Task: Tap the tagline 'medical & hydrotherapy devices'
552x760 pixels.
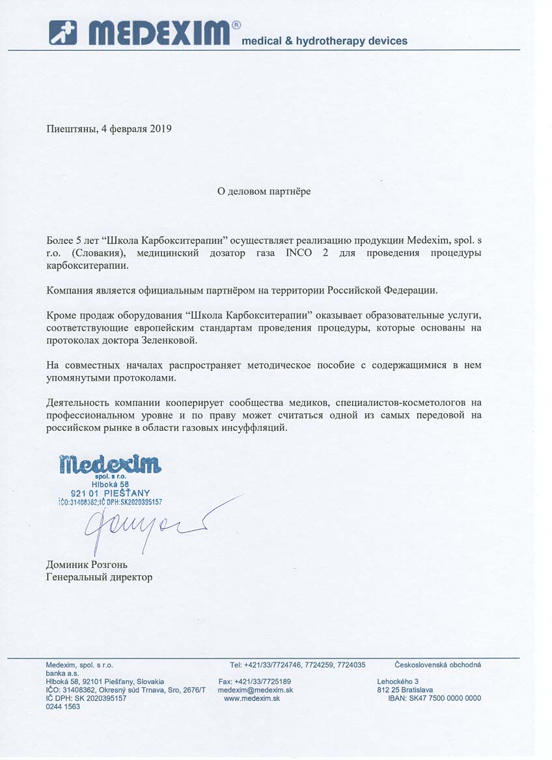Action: pos(324,41)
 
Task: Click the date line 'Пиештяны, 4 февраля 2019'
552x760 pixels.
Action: pos(109,129)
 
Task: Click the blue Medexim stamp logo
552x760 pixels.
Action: pos(109,465)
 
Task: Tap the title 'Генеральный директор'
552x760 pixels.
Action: pos(99,577)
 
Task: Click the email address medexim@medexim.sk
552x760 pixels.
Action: pos(255,690)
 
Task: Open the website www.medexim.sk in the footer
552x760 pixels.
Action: pos(251,698)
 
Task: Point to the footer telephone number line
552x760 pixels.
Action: pos(297,665)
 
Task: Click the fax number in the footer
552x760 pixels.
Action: pos(255,681)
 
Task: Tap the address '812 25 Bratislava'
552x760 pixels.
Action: pos(405,690)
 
